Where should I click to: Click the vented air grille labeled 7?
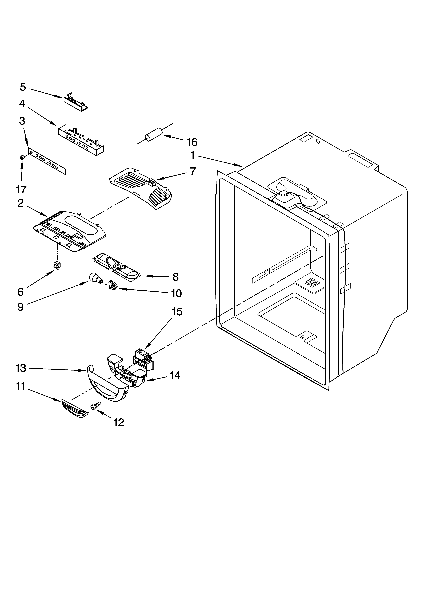click(x=141, y=189)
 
